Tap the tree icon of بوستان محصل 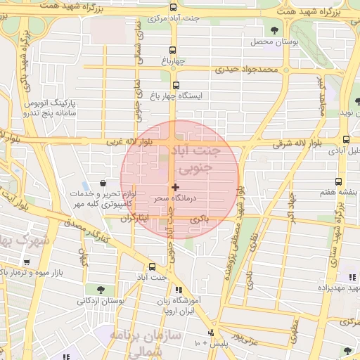pyautogui.click(x=274, y=30)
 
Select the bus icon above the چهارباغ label pyautogui.click(x=174, y=50)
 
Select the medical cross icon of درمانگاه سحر pyautogui.click(x=175, y=187)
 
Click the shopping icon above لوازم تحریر pyautogui.click(x=103, y=184)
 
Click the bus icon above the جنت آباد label pyautogui.click(x=153, y=266)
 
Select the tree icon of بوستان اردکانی pyautogui.click(x=101, y=289)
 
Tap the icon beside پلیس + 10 pyautogui.click(x=211, y=332)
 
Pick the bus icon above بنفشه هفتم pyautogui.click(x=338, y=181)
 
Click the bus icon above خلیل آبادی pyautogui.click(x=346, y=139)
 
